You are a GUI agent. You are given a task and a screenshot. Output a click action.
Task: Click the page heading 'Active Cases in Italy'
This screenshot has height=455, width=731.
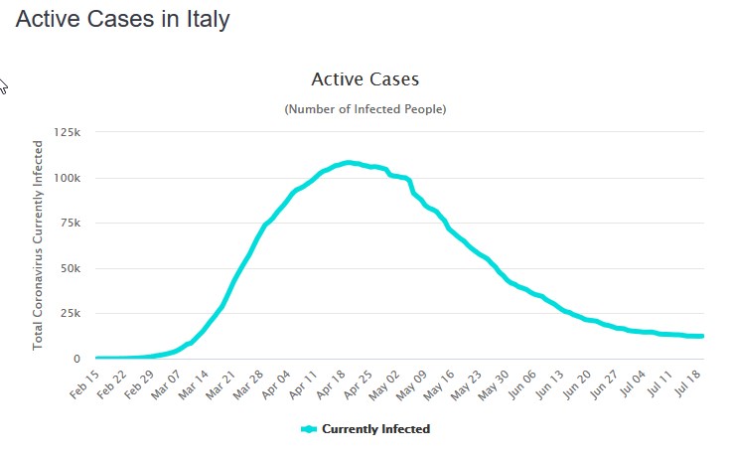pyautogui.click(x=122, y=19)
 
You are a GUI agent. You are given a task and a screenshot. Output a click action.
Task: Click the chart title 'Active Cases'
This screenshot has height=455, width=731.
pyautogui.click(x=365, y=78)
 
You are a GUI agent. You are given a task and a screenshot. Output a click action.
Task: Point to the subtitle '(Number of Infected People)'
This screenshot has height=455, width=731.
pyautogui.click(x=365, y=108)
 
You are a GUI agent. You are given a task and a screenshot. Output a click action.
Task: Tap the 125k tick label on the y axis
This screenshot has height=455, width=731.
pyautogui.click(x=68, y=132)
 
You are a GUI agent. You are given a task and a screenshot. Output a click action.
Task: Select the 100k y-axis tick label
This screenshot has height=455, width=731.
pyautogui.click(x=68, y=178)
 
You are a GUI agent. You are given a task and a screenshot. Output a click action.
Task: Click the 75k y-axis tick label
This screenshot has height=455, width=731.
pyautogui.click(x=71, y=224)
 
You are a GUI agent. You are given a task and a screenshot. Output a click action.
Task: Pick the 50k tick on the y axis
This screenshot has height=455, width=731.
pyautogui.click(x=71, y=268)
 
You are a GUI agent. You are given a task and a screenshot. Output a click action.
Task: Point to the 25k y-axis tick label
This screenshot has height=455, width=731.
pyautogui.click(x=71, y=314)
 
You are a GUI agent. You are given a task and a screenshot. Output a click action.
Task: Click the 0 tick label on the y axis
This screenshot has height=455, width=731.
pyautogui.click(x=77, y=359)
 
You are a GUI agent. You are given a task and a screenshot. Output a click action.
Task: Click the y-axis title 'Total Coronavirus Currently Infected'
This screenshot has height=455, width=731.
pyautogui.click(x=39, y=244)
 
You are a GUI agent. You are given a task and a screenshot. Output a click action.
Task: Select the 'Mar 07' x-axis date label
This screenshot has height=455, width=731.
pyautogui.click(x=165, y=382)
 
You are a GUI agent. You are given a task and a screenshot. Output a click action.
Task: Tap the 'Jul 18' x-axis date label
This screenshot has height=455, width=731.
pyautogui.click(x=691, y=382)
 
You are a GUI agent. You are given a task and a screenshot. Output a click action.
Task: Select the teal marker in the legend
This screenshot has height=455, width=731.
pyautogui.click(x=309, y=429)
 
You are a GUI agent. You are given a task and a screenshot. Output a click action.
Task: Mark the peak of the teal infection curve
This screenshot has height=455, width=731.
pyautogui.click(x=348, y=162)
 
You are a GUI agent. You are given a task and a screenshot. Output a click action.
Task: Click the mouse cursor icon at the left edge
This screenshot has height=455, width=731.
pyautogui.click(x=3, y=85)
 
